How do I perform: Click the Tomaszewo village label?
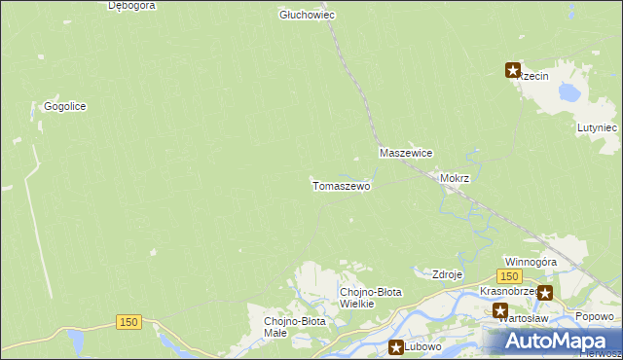(x=340, y=185)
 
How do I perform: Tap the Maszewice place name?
(x=406, y=154)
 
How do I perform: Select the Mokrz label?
(x=455, y=179)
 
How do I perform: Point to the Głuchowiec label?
(x=308, y=15)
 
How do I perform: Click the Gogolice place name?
(x=65, y=106)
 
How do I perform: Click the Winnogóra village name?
(x=531, y=262)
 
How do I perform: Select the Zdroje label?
(x=447, y=274)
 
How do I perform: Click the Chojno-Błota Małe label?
(x=295, y=326)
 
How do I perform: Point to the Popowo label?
(x=594, y=315)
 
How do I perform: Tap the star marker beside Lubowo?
(x=396, y=346)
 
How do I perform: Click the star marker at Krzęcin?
(x=512, y=69)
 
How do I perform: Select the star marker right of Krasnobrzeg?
(x=544, y=292)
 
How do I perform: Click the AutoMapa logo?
(x=551, y=341)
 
